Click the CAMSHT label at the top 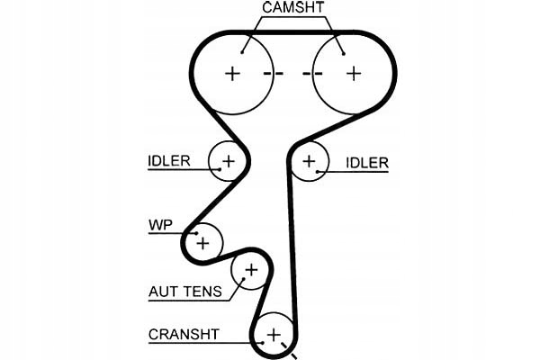click(294, 8)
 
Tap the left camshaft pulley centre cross click(233, 73)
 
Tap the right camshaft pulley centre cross click(353, 73)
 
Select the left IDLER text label click(169, 162)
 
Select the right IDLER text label click(367, 163)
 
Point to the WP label click(159, 224)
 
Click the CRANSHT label click(184, 334)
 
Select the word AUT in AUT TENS click(162, 292)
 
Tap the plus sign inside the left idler click(228, 162)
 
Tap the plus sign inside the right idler click(310, 162)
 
